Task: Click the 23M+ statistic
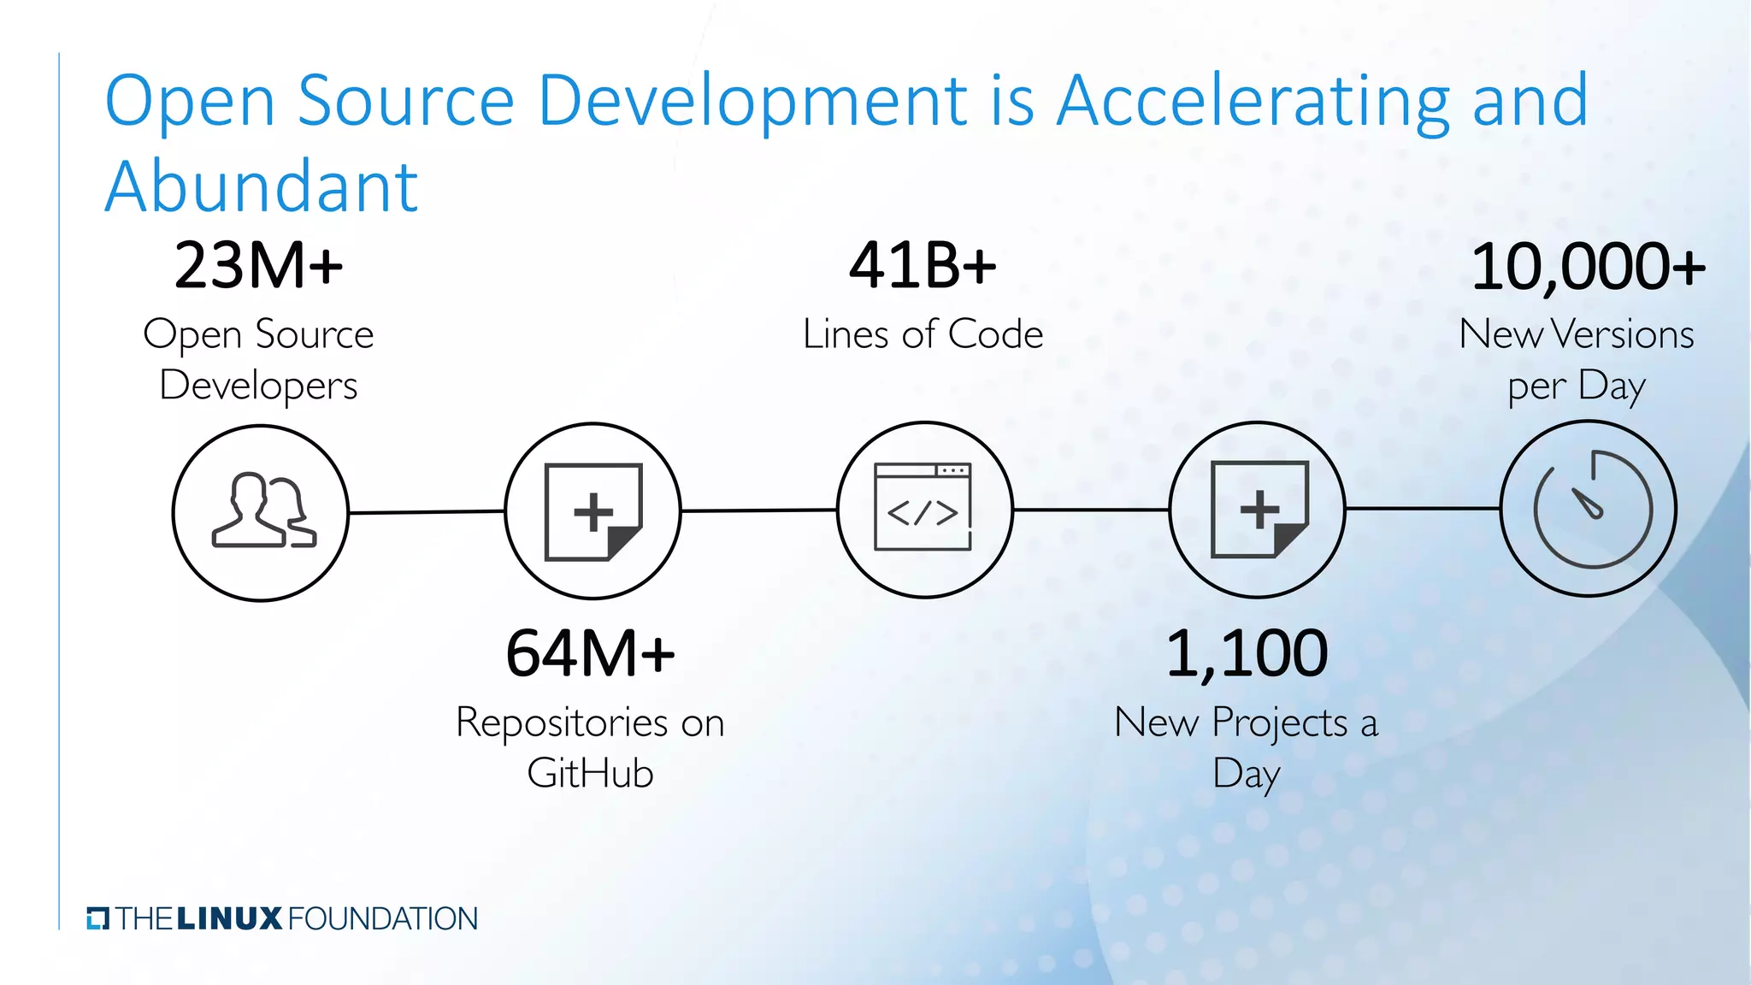point(258,266)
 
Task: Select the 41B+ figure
point(923,266)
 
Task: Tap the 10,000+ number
point(1588,267)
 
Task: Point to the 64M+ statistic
point(590,654)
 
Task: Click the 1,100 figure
point(1247,654)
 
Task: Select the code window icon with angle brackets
point(923,508)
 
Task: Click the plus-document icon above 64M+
point(593,511)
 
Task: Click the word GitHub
point(590,774)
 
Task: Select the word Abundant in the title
point(262,186)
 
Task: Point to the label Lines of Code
point(923,334)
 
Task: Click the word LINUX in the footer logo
point(229,919)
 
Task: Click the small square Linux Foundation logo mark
point(98,918)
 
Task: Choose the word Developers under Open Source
point(258,386)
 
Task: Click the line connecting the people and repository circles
point(427,512)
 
